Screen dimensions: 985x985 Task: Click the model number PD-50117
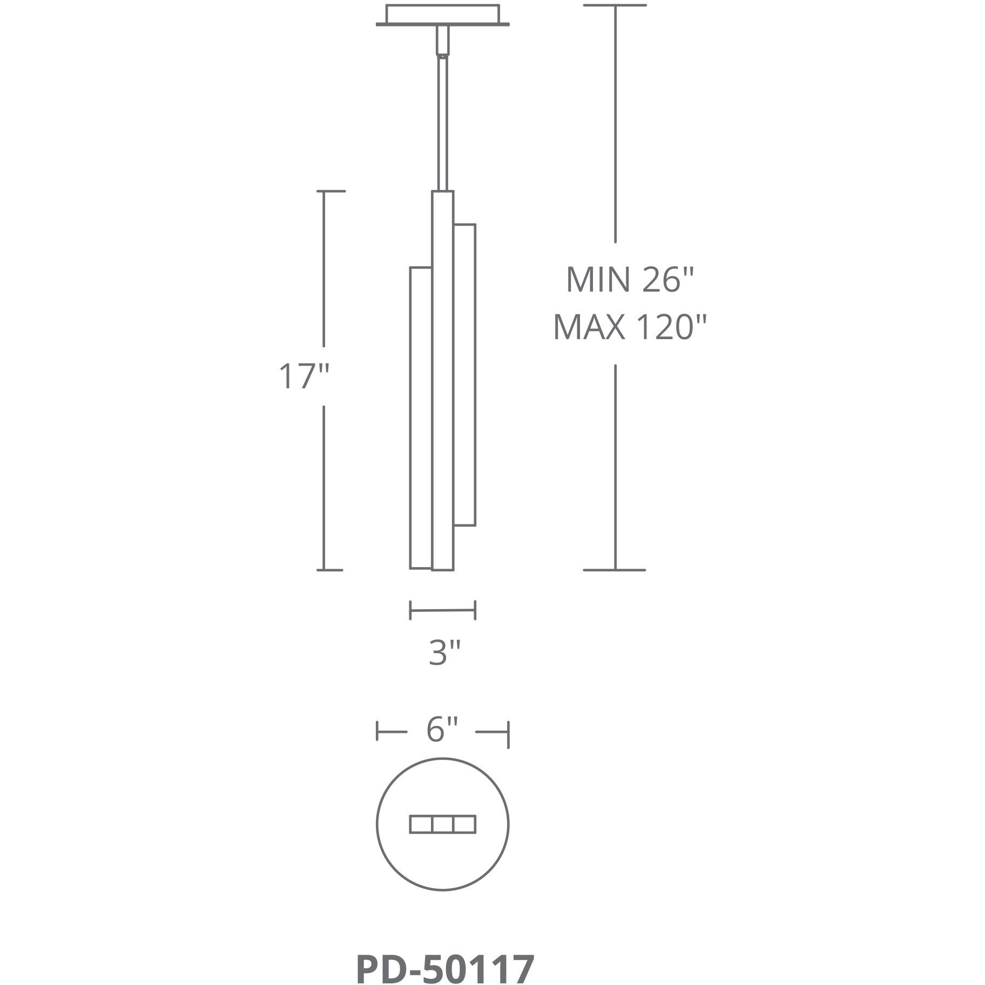(x=446, y=955)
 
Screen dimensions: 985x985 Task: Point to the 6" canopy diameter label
(x=442, y=730)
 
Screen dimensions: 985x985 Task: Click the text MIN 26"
(x=630, y=280)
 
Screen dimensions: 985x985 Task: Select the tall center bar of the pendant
(x=442, y=378)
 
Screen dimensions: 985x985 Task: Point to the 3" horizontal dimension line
(x=442, y=610)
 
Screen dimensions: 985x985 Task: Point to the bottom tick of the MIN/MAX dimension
(x=615, y=570)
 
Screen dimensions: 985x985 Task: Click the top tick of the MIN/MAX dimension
(x=615, y=5)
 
